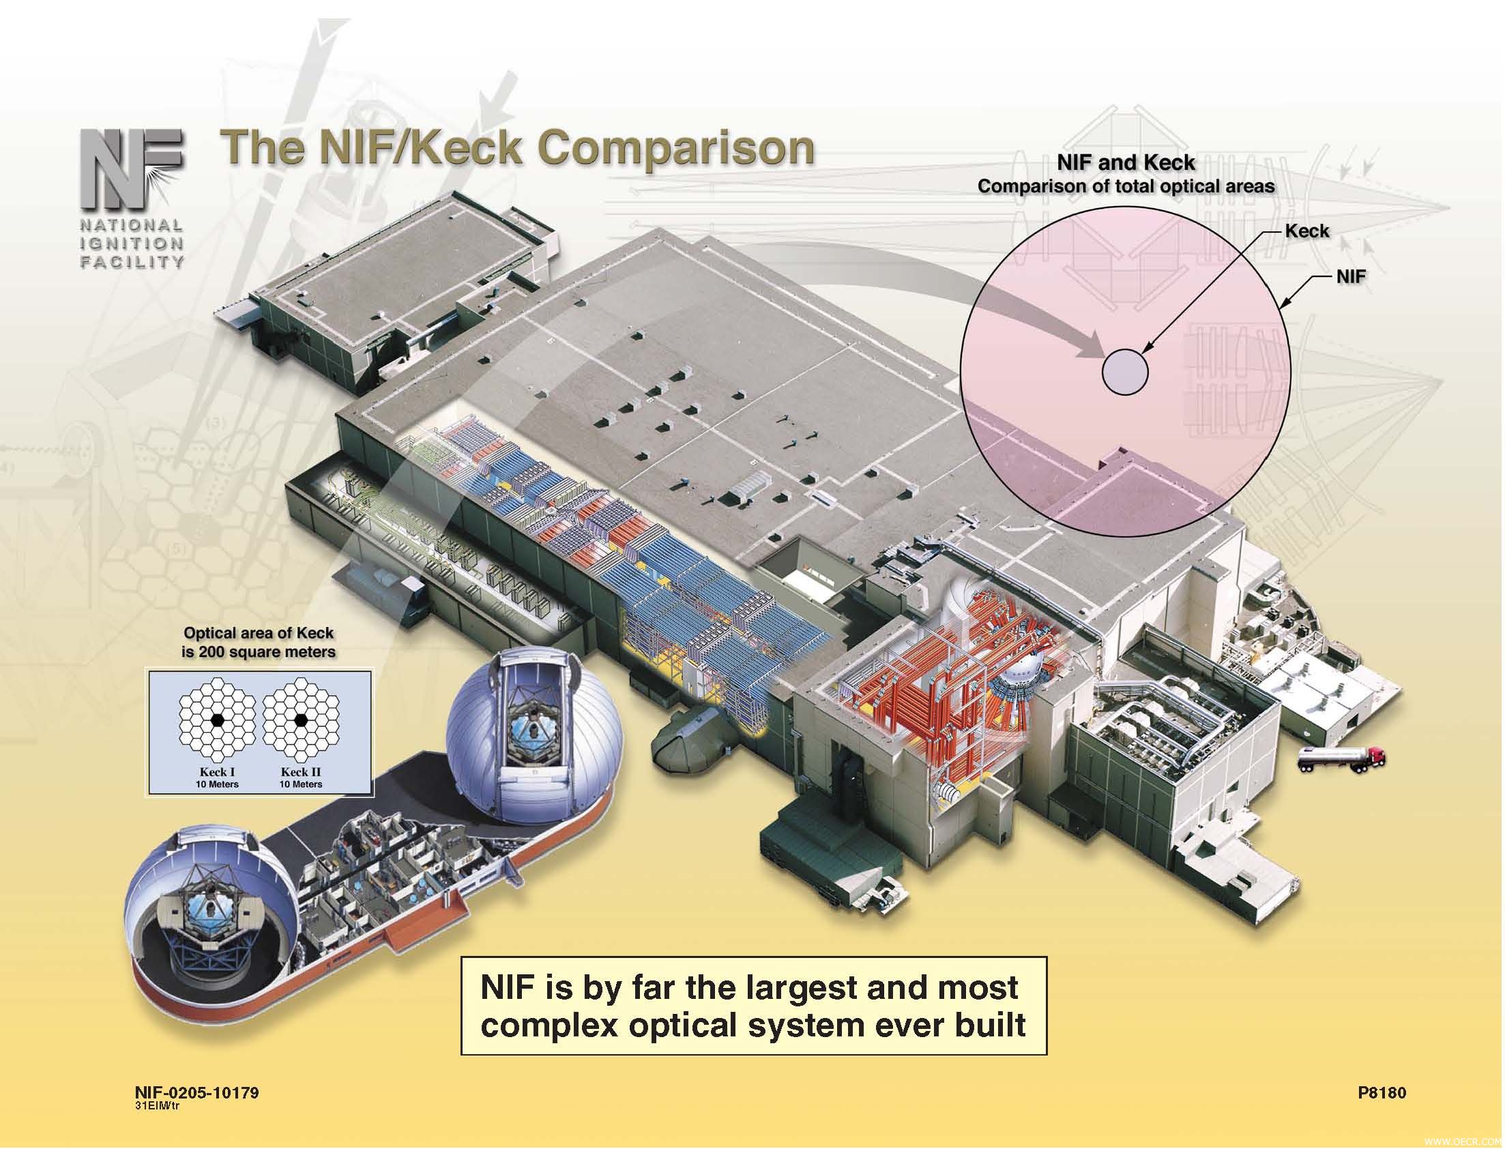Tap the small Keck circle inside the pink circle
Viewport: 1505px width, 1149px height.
tap(1125, 371)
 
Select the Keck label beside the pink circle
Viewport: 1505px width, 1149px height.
tap(1306, 231)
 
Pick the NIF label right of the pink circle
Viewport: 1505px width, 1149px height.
tap(1350, 277)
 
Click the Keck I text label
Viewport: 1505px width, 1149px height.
tap(217, 772)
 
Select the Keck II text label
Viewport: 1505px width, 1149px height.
tap(300, 772)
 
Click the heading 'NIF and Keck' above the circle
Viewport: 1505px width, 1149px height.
tap(1126, 162)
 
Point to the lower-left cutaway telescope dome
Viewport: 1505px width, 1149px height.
tap(213, 901)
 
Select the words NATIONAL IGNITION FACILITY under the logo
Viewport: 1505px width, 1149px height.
tap(132, 244)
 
